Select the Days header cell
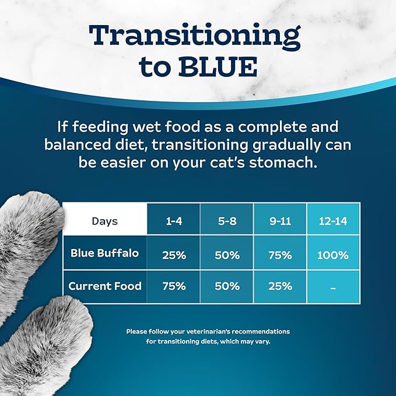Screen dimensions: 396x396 [x=105, y=220]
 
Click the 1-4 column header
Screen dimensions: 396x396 [x=173, y=220]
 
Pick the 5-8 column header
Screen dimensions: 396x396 [x=226, y=220]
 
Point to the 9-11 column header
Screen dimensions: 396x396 [x=280, y=220]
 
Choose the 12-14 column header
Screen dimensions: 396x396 [x=334, y=220]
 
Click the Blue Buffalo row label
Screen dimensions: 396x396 [x=105, y=253]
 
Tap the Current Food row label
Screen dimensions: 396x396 [x=105, y=286]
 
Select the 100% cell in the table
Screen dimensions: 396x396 [x=334, y=255]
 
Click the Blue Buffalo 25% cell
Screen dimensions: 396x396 [x=173, y=255]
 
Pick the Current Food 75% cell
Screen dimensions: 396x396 [x=173, y=286]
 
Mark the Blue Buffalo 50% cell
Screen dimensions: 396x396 [x=226, y=255]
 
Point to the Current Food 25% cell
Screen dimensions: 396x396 [x=280, y=286]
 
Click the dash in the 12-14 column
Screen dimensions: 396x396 [x=334, y=287]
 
